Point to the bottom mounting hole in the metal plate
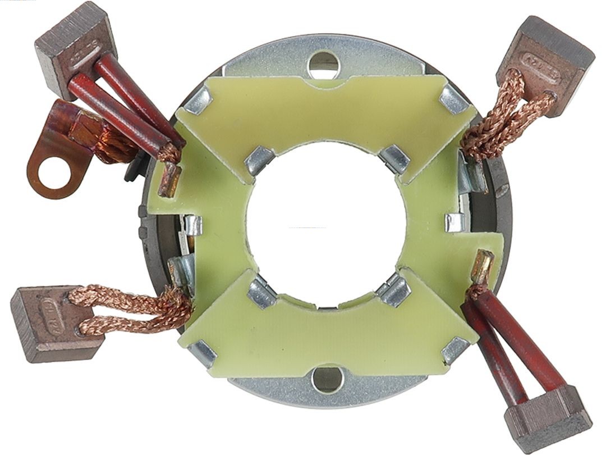coord(327,380)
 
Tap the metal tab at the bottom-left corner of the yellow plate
coord(203,353)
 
